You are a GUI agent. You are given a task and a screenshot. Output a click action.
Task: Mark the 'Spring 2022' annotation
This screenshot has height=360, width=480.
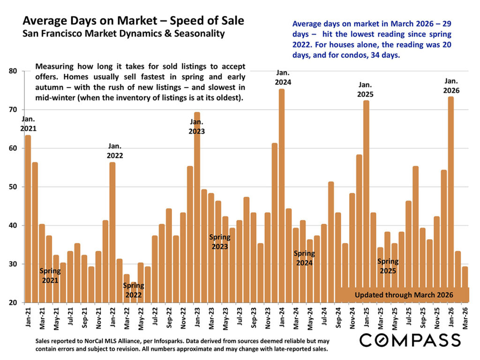pos(134,290)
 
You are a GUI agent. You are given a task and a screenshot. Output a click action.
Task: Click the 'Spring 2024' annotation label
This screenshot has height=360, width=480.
pos(304,258)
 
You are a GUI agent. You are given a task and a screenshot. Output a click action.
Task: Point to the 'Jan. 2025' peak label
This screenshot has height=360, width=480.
pos(366,90)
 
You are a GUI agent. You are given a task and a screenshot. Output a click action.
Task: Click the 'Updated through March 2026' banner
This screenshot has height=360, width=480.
pos(404,295)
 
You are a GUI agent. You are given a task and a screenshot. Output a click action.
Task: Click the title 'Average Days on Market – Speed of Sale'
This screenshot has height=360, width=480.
pos(133,21)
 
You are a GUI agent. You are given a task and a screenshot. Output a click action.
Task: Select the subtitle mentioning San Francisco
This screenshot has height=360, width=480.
pos(124,34)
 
